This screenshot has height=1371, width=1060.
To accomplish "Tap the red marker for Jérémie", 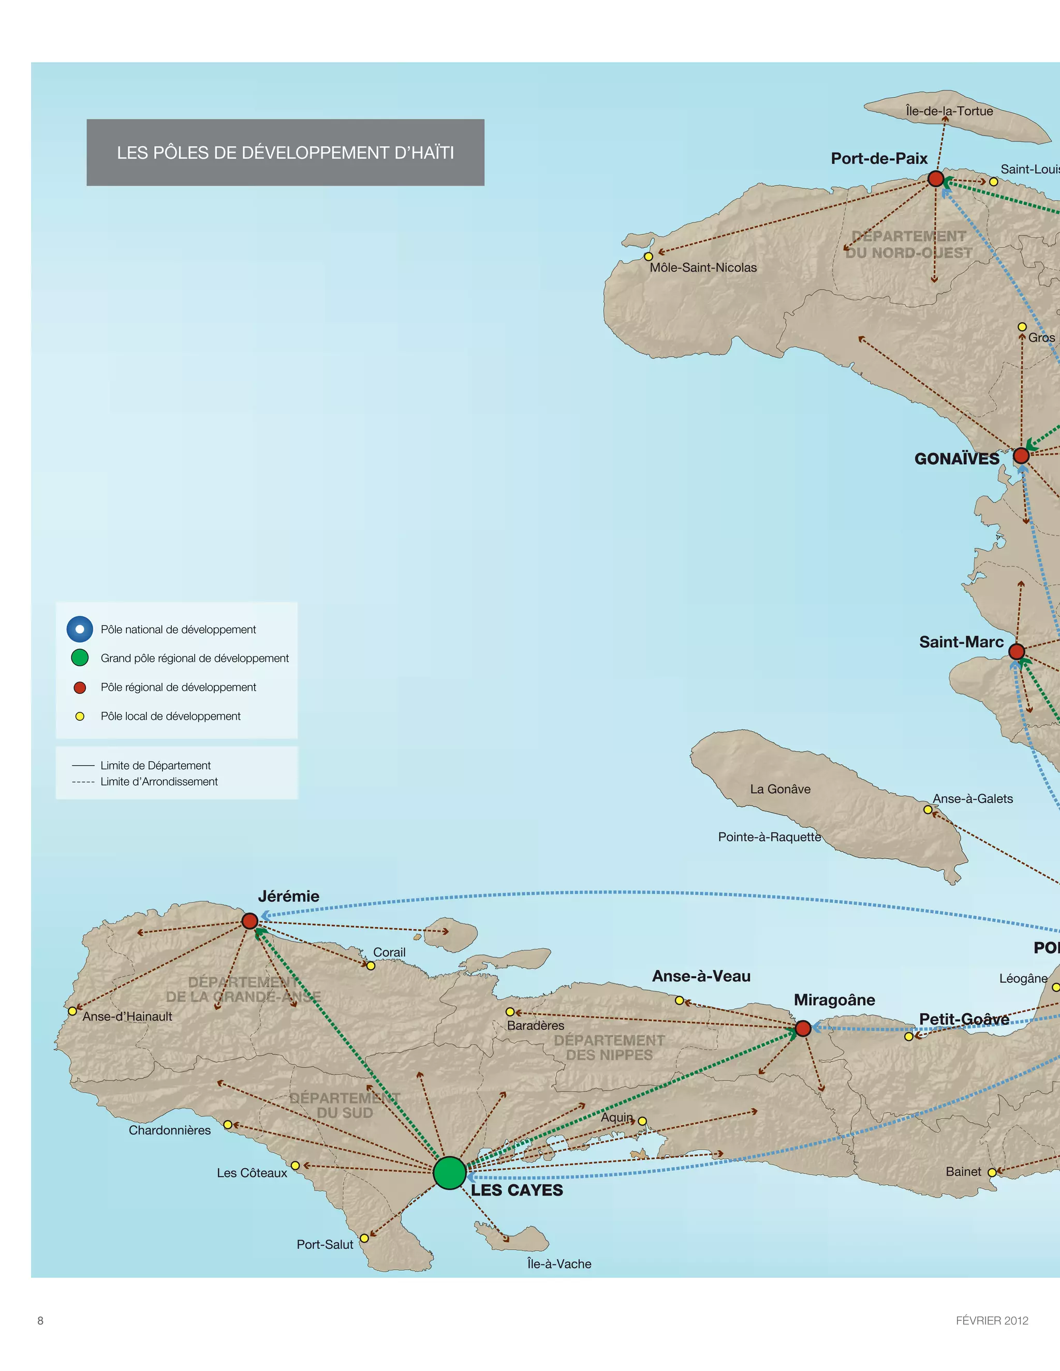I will [250, 921].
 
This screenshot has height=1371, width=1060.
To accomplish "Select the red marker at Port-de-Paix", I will [936, 179].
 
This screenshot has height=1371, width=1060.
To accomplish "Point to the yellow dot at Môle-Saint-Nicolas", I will [649, 257].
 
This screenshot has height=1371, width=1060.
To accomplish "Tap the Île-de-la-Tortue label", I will [949, 111].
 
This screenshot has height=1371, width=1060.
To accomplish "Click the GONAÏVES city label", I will [956, 459].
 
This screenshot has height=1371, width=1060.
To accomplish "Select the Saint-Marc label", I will [961, 642].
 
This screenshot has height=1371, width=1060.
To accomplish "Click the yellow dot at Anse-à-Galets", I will [927, 810].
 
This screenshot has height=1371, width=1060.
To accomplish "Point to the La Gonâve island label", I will [780, 789].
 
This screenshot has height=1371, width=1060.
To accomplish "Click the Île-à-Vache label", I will [559, 1264].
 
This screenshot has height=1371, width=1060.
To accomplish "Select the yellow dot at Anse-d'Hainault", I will [72, 1011].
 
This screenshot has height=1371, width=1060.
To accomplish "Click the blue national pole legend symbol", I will [80, 629].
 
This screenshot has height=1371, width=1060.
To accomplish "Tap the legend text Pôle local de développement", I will [170, 716].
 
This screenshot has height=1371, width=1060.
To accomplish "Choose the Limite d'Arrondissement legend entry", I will [158, 782].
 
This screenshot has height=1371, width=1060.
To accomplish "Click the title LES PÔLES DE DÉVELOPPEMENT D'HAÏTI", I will [285, 153].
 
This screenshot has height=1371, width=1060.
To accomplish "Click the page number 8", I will [41, 1321].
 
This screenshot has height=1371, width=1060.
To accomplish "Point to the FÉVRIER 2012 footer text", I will [992, 1321].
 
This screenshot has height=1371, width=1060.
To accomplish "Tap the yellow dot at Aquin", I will [642, 1121].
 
